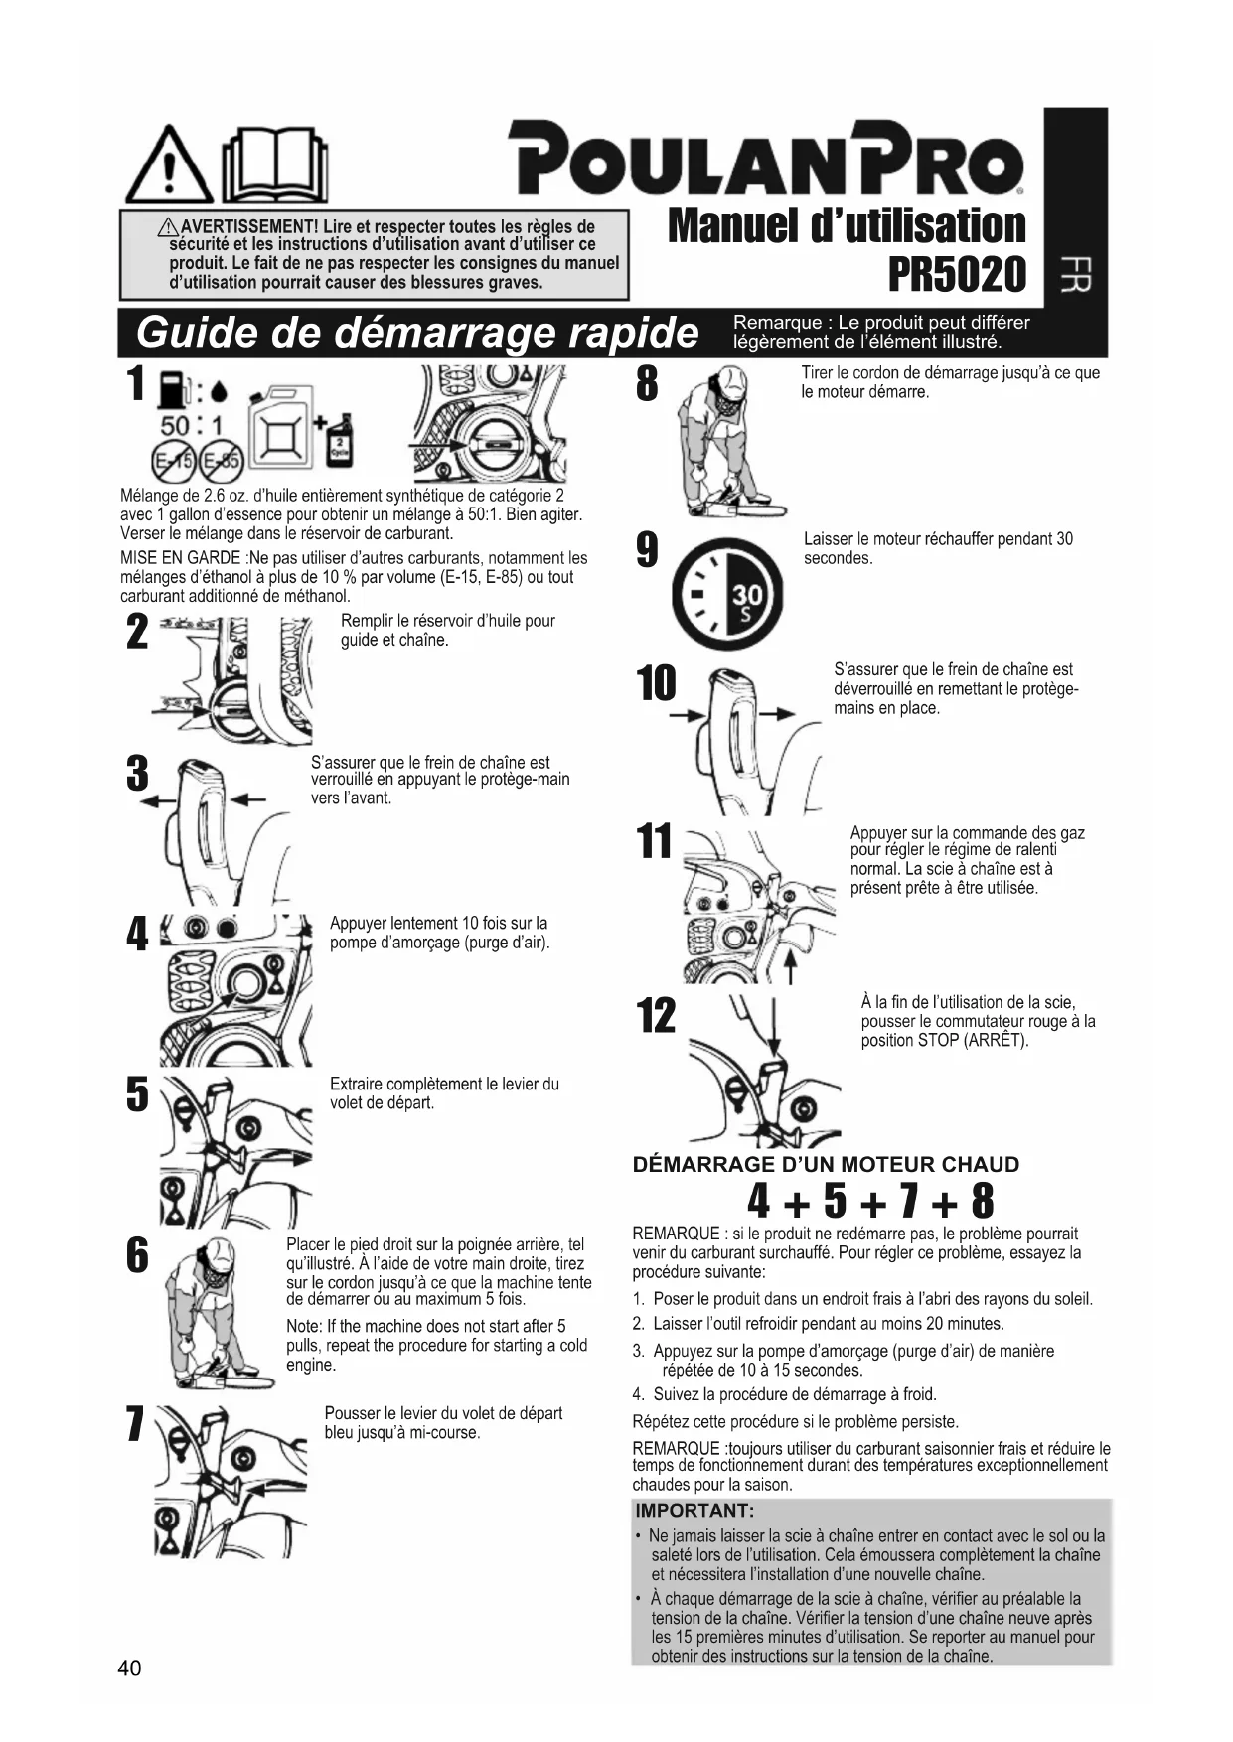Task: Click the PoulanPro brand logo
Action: point(766,159)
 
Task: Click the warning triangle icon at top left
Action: point(169,166)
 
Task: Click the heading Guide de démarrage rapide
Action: point(416,333)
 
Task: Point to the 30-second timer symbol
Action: point(726,597)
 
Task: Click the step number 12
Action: point(656,1015)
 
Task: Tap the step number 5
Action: point(137,1094)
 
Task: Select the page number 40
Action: point(129,1668)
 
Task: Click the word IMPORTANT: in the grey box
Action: point(694,1511)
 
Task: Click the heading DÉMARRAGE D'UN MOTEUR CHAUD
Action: point(826,1165)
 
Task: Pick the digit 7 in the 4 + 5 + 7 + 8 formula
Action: point(905,1201)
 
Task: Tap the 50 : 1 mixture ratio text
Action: point(192,425)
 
